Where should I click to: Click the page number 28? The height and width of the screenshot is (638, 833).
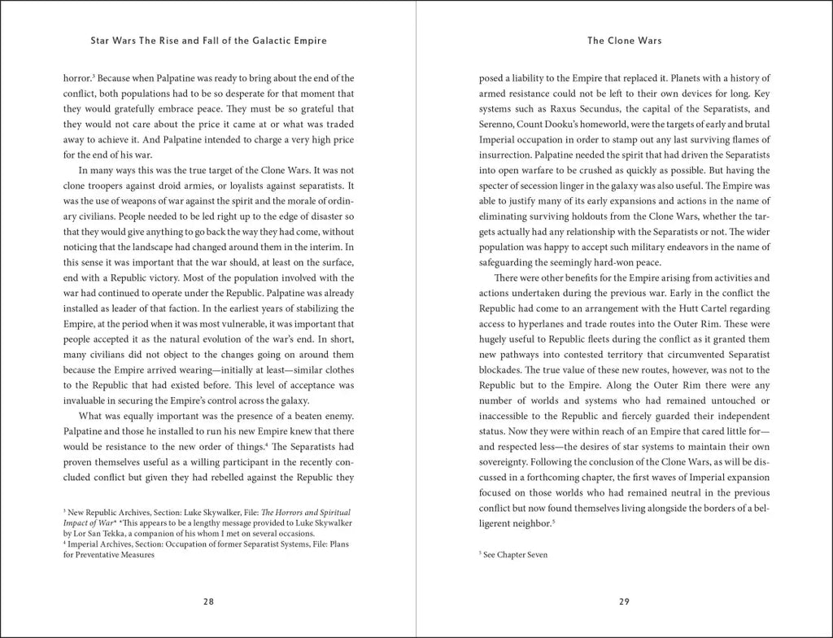tap(208, 601)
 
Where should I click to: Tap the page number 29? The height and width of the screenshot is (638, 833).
tap(624, 601)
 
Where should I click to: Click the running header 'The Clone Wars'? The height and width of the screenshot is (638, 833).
tap(624, 40)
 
